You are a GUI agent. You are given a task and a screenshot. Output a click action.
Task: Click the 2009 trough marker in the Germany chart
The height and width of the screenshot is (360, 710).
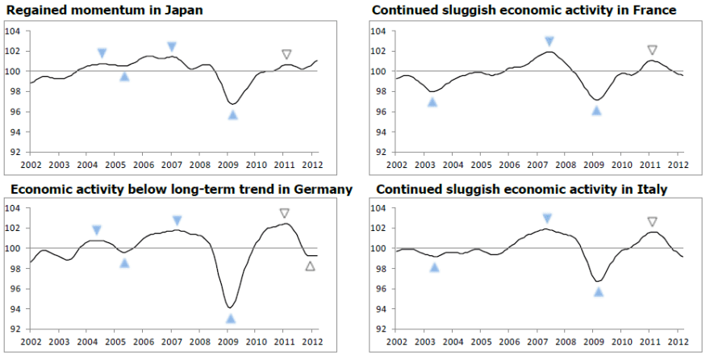231,319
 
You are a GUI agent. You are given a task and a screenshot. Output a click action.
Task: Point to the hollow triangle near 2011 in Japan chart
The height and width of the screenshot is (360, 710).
286,55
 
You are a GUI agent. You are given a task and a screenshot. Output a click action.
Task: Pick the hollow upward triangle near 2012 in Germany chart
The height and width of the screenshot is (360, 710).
311,266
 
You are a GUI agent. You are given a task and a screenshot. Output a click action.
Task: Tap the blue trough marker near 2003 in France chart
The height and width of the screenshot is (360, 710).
432,102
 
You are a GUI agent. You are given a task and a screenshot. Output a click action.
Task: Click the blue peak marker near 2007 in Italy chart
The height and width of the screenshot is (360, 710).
547,218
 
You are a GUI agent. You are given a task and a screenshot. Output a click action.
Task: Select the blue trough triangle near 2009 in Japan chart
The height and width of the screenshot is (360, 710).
232,115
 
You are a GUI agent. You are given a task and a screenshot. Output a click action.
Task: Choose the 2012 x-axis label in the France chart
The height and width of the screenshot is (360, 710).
678,165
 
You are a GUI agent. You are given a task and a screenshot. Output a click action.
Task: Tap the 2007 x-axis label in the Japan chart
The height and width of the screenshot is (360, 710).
171,165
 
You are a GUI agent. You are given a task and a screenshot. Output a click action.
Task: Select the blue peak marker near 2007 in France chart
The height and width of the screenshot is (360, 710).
549,41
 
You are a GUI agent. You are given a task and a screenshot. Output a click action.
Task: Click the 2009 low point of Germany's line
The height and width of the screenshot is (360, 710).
231,308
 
